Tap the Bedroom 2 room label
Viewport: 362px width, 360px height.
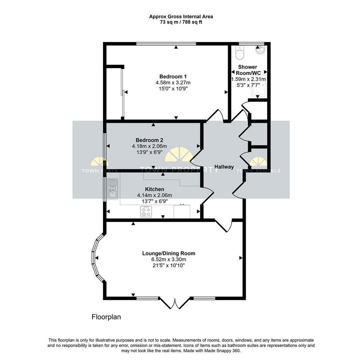click(x=150, y=140)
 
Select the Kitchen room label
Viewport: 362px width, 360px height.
click(x=154, y=189)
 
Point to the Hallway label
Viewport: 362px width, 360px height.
click(x=224, y=167)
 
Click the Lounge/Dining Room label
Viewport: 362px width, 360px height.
click(x=169, y=253)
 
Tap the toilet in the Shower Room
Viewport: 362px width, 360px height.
click(x=239, y=52)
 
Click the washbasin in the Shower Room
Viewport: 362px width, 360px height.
click(x=261, y=50)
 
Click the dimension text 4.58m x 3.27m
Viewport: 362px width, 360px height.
click(x=173, y=82)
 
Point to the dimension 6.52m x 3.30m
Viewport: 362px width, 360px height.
click(x=169, y=259)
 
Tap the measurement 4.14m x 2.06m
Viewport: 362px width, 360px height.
click(x=154, y=195)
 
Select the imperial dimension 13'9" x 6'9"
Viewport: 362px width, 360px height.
click(x=150, y=152)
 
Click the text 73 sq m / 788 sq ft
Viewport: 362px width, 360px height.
click(x=181, y=22)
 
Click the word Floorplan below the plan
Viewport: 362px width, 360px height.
click(x=106, y=317)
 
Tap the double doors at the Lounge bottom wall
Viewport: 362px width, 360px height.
click(x=175, y=303)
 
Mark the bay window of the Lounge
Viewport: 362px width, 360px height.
click(x=98, y=258)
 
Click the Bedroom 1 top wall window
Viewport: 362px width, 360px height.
click(x=166, y=44)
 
